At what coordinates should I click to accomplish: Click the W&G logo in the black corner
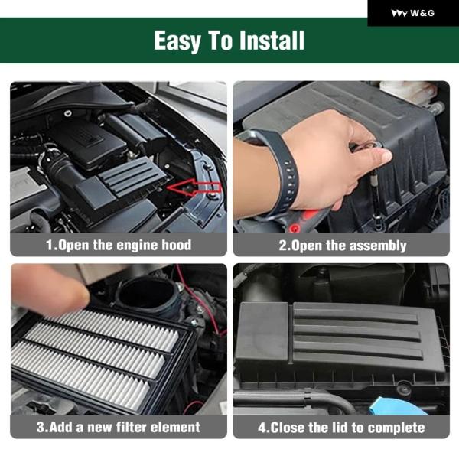click(x=413, y=13)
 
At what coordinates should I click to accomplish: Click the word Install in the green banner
click(x=272, y=41)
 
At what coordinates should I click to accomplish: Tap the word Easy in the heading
click(x=177, y=41)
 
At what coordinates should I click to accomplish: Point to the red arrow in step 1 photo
click(x=194, y=187)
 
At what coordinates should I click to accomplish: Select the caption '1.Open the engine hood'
click(x=119, y=245)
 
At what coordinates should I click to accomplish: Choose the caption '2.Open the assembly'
click(x=343, y=246)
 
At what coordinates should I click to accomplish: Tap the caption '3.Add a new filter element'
click(x=119, y=427)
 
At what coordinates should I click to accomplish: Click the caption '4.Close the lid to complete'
click(x=341, y=428)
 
